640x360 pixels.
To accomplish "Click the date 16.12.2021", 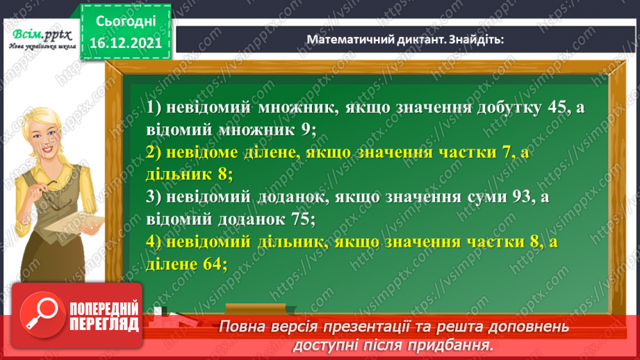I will [122, 41].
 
